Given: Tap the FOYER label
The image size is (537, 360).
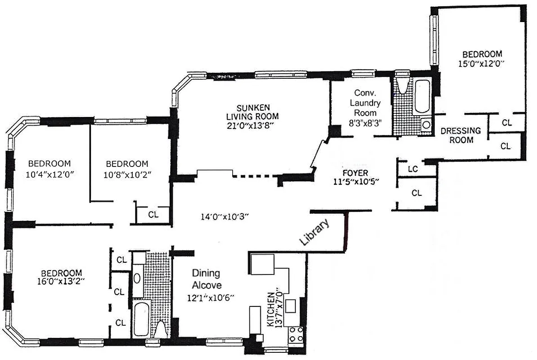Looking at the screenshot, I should point(355,173).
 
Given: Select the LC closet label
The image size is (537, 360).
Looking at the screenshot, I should point(413,169).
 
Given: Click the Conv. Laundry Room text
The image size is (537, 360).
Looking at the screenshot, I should point(365,103).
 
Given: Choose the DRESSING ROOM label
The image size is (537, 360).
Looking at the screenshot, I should point(460,135).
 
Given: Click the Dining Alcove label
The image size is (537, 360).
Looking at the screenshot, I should point(206,279).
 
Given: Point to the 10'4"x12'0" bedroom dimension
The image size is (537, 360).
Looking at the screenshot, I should point(50,174).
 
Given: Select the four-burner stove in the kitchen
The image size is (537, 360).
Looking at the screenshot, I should point(296,335).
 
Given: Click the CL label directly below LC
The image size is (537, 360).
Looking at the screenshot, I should point(417,193).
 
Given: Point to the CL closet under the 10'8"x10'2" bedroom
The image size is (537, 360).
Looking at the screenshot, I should point(153,215).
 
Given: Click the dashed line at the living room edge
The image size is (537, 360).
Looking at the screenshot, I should point(254,176).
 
